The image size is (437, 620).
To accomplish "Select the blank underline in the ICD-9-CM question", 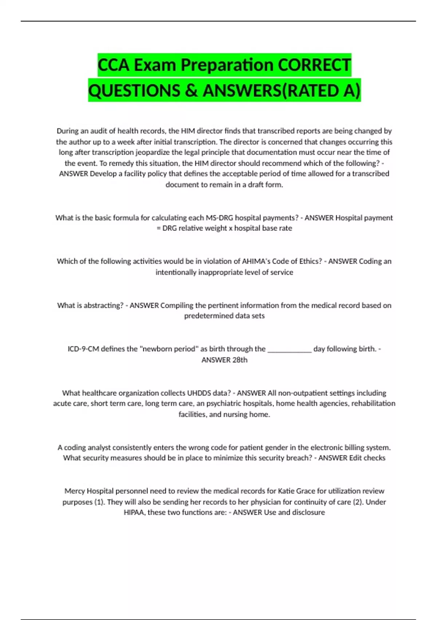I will [x=290, y=349].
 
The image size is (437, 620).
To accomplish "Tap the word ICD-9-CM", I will [x=83, y=349].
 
